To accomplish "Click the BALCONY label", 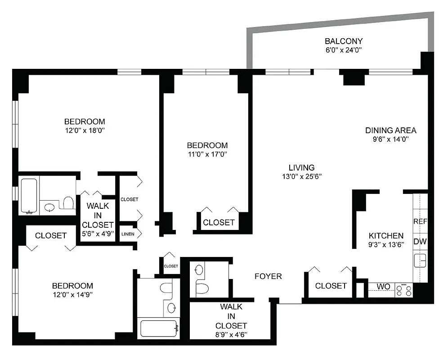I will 344,41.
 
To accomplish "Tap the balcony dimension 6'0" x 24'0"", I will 344,50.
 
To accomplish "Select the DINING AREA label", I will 390,130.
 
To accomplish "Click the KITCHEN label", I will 386,236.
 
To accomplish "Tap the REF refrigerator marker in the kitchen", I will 420,222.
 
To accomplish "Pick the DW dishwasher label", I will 420,242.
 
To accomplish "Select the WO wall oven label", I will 383,286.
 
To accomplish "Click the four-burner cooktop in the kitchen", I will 403,290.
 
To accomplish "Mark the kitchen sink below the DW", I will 420,261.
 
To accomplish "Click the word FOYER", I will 268,276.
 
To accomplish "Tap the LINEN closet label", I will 127,234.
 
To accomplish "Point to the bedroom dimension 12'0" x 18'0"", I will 85,130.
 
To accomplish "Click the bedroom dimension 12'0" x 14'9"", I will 72,294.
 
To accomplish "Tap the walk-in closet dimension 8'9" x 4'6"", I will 231,334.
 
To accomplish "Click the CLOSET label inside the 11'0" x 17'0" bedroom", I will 219,222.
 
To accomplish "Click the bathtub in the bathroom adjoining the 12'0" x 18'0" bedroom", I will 29,197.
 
